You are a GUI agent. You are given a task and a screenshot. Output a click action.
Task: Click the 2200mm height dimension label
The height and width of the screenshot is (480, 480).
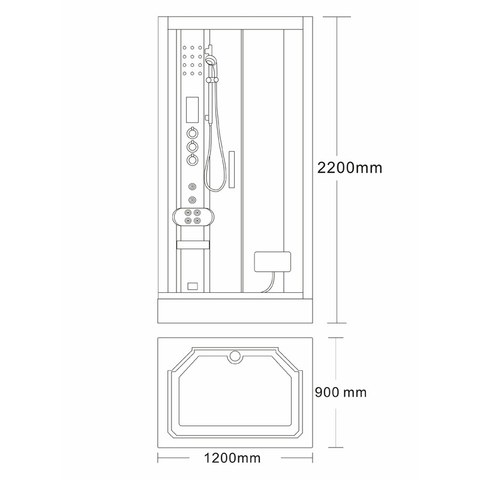pyautogui.click(x=350, y=168)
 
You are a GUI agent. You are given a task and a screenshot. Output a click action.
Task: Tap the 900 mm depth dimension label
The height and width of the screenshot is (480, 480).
pyautogui.click(x=341, y=392)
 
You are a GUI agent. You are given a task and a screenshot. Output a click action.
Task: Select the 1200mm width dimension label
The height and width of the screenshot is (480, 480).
pyautogui.click(x=232, y=458)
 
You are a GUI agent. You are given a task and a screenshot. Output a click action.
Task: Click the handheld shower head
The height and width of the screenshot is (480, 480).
pyautogui.click(x=211, y=59)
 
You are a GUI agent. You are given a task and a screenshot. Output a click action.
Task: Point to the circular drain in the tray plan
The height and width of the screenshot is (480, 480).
pyautogui.click(x=235, y=357)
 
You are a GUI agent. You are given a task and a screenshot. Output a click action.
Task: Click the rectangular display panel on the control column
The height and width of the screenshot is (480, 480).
pyautogui.click(x=192, y=110)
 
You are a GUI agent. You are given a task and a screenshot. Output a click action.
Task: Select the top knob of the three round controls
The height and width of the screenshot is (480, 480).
pyautogui.click(x=192, y=133)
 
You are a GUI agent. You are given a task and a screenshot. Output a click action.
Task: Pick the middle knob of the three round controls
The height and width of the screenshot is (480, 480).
pyautogui.click(x=192, y=146)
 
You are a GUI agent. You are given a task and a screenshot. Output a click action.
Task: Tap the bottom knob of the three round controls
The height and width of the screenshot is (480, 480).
pyautogui.click(x=192, y=160)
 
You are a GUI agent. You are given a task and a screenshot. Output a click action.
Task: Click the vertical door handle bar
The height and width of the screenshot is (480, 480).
pyautogui.click(x=232, y=170)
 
